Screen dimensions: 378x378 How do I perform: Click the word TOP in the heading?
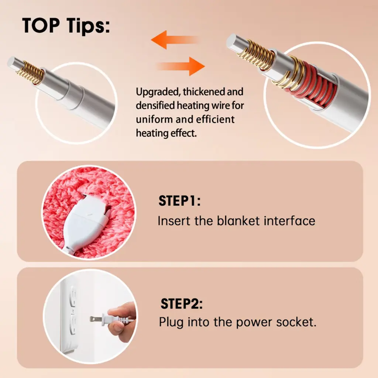click(x=41, y=25)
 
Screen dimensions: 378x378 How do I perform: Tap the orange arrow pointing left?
click(x=175, y=40)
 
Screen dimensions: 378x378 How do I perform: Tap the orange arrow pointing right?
click(x=181, y=66)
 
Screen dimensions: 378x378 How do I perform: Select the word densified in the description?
click(x=155, y=106)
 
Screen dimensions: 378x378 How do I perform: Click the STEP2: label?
click(x=181, y=304)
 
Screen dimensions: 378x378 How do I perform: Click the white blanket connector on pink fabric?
click(x=86, y=224)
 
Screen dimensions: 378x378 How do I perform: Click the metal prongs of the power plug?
click(x=96, y=319)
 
